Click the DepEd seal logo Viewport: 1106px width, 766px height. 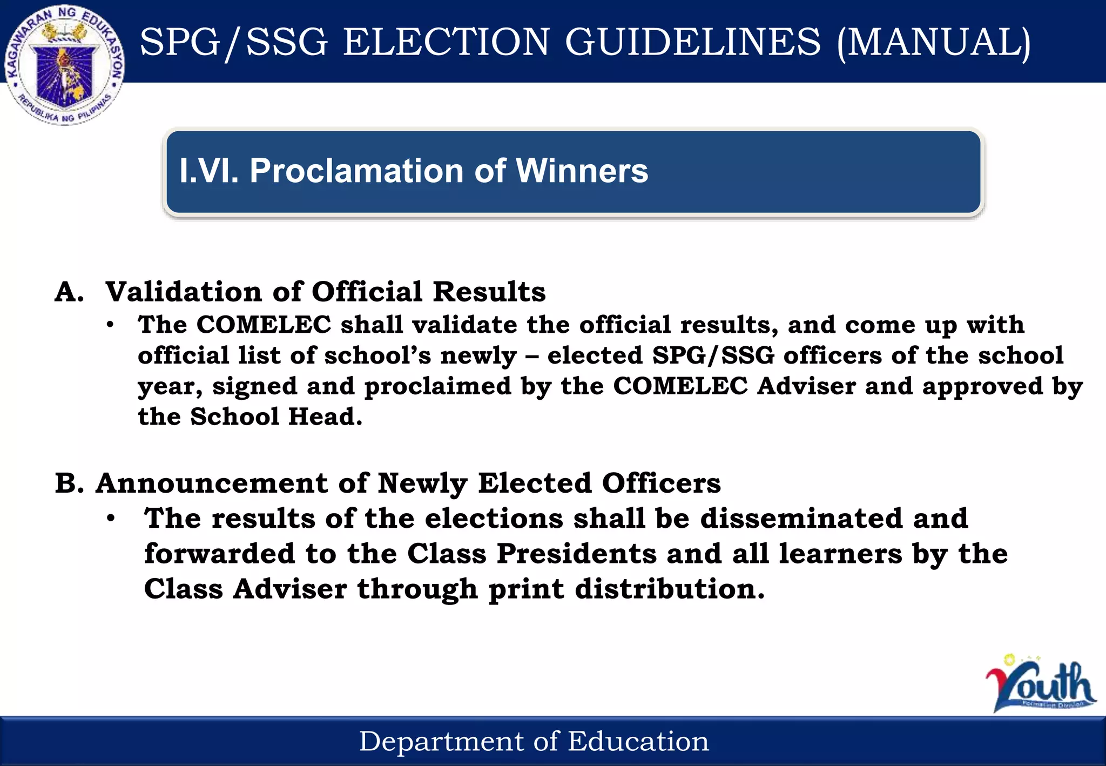(65, 65)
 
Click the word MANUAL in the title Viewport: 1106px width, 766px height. (934, 42)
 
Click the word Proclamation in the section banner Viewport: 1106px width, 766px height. (356, 171)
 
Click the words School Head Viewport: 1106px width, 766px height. (275, 416)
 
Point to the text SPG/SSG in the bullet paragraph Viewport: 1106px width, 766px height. (713, 355)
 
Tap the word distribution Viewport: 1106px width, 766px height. (670, 589)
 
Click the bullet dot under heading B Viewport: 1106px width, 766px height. (111, 519)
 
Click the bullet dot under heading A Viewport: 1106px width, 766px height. (111, 325)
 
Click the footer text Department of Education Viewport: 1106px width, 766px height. (534, 741)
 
